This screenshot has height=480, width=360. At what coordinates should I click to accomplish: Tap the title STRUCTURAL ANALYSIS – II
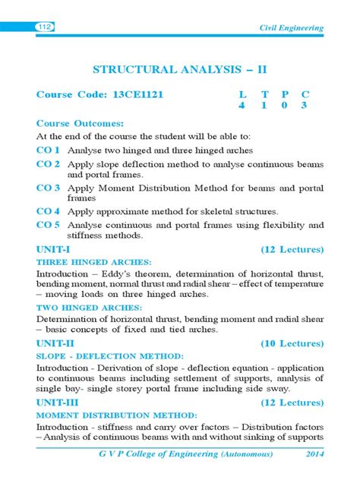click(x=179, y=69)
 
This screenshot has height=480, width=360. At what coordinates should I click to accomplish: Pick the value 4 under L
click(x=243, y=106)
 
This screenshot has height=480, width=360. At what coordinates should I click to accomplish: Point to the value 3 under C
click(x=305, y=106)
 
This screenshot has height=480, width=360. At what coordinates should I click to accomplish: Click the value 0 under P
click(x=285, y=106)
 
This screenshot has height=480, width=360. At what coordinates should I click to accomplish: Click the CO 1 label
click(x=49, y=150)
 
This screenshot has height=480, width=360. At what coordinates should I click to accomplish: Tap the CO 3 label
click(x=49, y=187)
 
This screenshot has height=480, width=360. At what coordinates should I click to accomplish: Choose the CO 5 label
click(x=49, y=225)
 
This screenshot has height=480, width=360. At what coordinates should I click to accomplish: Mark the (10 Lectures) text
click(x=292, y=343)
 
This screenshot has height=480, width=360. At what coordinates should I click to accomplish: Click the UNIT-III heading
click(x=59, y=403)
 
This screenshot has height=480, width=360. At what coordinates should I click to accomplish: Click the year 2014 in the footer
click(x=311, y=453)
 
